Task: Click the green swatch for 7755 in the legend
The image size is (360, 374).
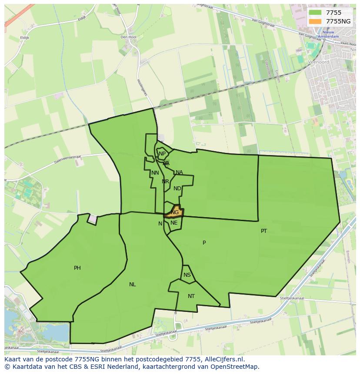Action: coord(315,13)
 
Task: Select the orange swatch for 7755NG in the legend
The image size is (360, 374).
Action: coord(315,21)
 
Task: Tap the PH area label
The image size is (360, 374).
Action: coord(77,268)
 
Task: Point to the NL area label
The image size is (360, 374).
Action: coord(132,285)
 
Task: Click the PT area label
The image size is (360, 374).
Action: coord(264,231)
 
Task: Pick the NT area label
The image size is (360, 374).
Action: coord(191,296)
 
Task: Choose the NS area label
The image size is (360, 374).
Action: coord(187,275)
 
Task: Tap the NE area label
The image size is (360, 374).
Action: coord(174,223)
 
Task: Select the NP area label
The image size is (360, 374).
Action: coord(162,154)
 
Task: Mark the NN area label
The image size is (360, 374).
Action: coord(155,173)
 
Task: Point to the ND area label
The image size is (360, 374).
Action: coord(177,189)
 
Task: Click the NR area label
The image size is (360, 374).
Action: coord(165,182)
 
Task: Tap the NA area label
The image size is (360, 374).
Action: coord(179,172)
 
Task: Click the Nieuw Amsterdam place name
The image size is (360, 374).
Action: coord(330,35)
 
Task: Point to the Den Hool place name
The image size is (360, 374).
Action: coord(128,37)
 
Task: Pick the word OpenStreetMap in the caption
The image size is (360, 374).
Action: coord(235,367)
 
